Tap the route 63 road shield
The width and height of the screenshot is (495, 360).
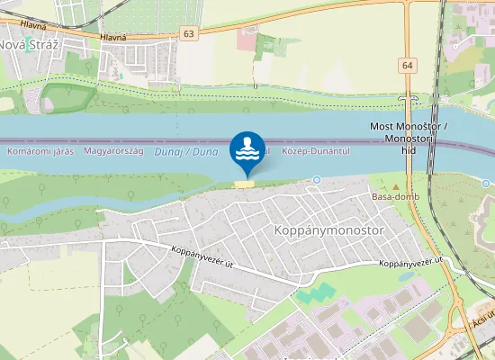[187, 33]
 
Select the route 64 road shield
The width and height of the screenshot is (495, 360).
[409, 66]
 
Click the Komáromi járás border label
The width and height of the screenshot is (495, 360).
[39, 152]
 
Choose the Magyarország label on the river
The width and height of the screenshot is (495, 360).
[113, 152]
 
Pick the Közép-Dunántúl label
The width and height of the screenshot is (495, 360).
[315, 152]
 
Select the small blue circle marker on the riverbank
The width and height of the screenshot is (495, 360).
[317, 180]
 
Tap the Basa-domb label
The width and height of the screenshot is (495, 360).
[390, 196]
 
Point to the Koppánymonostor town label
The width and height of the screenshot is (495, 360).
[314, 230]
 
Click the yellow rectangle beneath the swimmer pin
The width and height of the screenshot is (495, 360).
[244, 184]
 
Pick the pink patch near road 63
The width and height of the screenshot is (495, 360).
[247, 39]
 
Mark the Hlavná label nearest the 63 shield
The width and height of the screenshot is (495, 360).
[114, 37]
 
